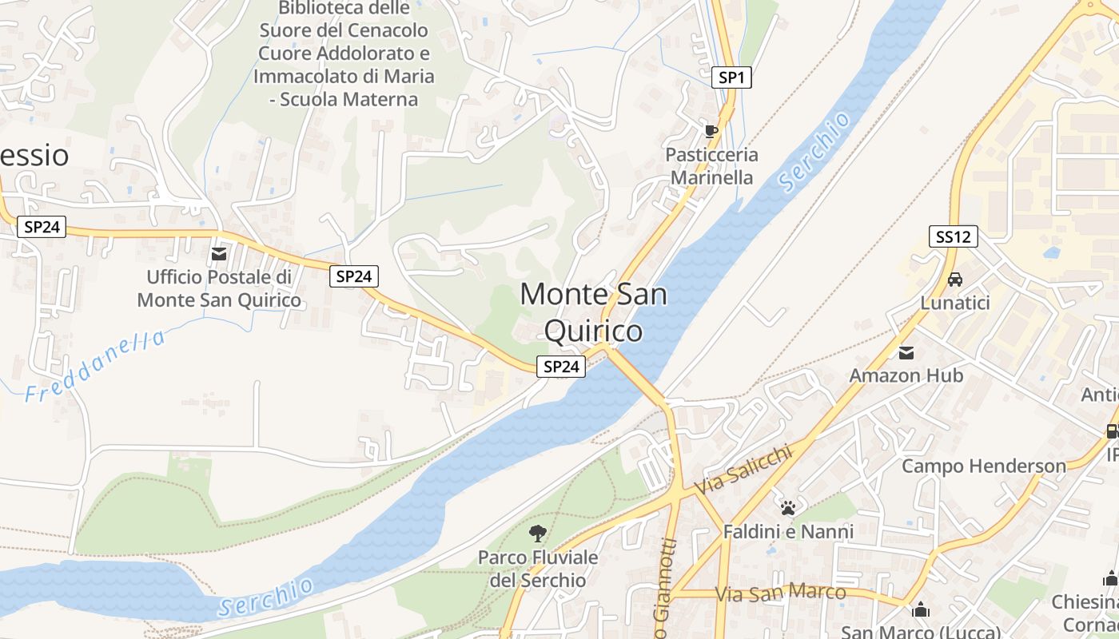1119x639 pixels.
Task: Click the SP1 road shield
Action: click(x=731, y=77)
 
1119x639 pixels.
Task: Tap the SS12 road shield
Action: click(x=954, y=236)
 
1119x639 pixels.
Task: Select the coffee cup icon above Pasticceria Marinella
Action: click(x=711, y=131)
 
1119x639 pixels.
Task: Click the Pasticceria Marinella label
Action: click(x=711, y=166)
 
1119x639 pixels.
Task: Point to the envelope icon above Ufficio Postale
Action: click(x=218, y=254)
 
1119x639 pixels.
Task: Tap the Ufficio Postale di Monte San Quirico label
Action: click(x=219, y=288)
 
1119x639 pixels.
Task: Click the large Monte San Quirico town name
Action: click(x=593, y=312)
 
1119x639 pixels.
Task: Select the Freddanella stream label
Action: click(x=95, y=366)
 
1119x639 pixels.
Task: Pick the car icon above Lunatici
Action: click(x=954, y=280)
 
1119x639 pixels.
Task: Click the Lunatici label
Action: click(x=955, y=304)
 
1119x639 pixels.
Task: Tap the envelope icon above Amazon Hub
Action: click(x=906, y=352)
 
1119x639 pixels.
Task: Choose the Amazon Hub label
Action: click(x=906, y=375)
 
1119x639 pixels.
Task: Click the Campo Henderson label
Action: click(x=984, y=466)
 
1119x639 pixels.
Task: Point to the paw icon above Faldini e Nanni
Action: click(x=788, y=507)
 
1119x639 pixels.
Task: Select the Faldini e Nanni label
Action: click(x=788, y=531)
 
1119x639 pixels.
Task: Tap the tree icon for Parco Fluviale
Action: click(x=538, y=533)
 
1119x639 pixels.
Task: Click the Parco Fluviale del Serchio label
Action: click(x=538, y=568)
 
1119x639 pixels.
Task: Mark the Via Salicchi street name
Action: click(x=743, y=470)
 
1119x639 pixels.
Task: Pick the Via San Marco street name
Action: click(x=780, y=593)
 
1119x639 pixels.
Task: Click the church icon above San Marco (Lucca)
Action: click(x=921, y=609)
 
